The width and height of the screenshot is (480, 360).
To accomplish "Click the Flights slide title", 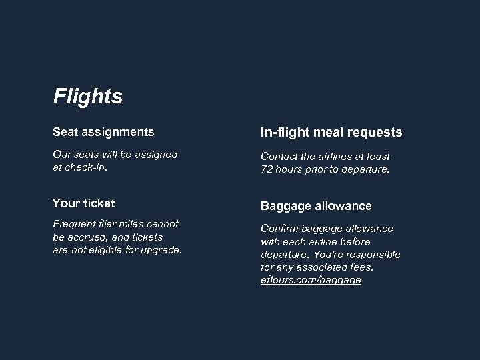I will tap(88, 97).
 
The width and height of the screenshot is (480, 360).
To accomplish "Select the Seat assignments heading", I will tap(103, 132).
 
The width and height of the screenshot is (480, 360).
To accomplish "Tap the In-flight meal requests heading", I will tap(331, 133).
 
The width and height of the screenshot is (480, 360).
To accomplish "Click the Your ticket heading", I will tap(84, 203).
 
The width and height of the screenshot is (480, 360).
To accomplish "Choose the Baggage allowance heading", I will tap(316, 206).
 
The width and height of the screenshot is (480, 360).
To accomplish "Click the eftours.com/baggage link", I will tap(311, 280).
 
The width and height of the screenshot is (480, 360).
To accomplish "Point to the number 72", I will tap(267, 169).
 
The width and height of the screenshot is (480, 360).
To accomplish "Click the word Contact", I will tap(279, 156).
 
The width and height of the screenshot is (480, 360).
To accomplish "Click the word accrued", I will tap(89, 237).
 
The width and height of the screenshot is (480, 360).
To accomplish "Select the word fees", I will tap(361, 267).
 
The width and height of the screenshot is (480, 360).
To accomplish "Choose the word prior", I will tap(317, 169).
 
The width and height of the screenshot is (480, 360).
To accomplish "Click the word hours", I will tap(289, 169).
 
